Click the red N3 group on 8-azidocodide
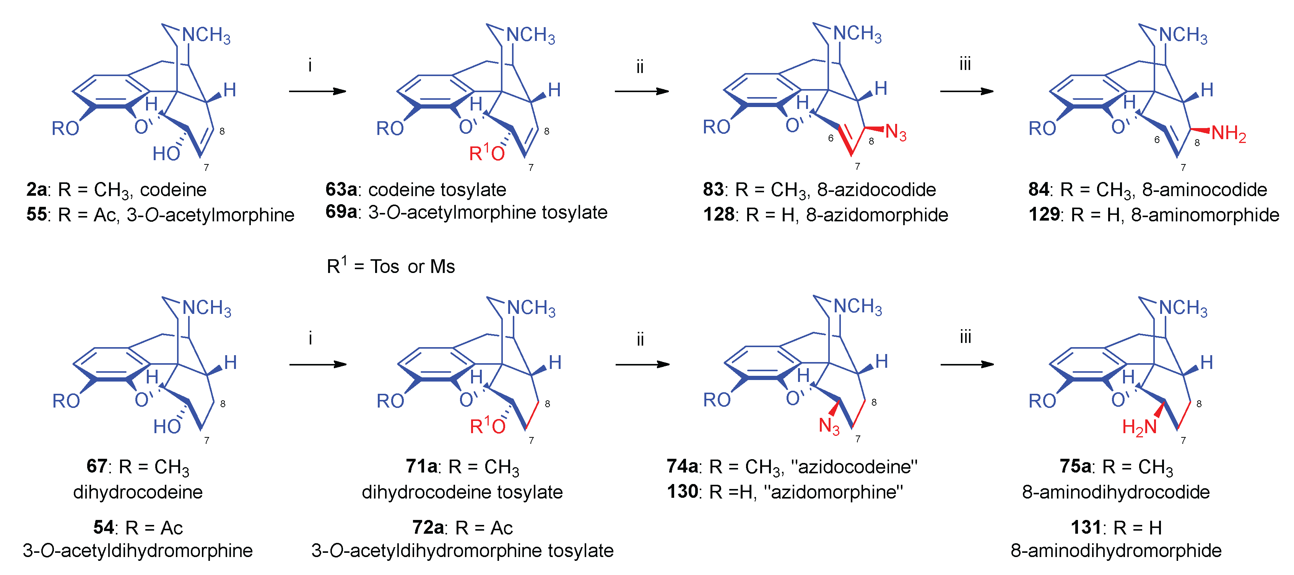point(896,133)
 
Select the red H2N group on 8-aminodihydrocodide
point(1139,427)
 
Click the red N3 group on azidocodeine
point(829,426)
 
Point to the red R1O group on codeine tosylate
point(486,153)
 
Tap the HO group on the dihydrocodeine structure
point(167,426)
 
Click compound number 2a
point(37,190)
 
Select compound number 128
point(719,215)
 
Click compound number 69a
point(341,212)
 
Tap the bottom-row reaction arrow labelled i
point(317,365)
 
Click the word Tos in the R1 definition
point(385,266)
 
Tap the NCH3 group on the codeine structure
point(206,35)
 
